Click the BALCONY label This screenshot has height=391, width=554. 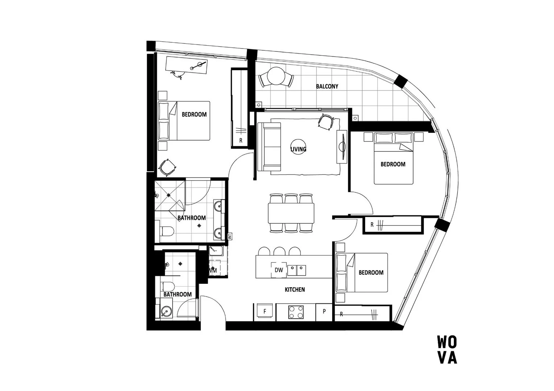pos(327,87)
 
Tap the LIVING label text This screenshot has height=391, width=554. pos(298,149)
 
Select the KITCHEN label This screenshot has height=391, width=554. pos(294,290)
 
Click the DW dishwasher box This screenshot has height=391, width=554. pos(278,270)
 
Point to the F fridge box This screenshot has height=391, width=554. pos(265,311)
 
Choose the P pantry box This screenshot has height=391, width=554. pos(324,311)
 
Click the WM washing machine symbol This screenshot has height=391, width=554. pos(213,270)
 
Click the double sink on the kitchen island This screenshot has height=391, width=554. pos(297,270)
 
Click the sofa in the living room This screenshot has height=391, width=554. pos(269,147)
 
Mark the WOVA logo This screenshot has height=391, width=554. pos(447,350)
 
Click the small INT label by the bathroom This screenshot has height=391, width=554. pos(230,236)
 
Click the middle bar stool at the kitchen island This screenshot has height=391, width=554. pos(279,251)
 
